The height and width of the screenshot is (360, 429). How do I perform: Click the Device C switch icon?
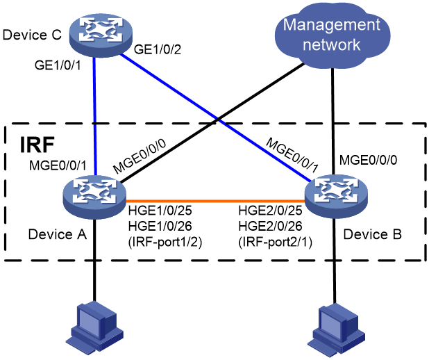coord(101,35)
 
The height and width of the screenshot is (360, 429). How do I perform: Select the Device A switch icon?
coord(94,197)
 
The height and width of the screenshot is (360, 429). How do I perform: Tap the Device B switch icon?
coord(337,195)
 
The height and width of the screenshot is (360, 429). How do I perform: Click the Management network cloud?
coord(332,35)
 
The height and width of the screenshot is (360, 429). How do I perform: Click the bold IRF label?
coord(37,145)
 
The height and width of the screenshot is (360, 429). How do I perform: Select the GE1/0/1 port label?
coord(58,65)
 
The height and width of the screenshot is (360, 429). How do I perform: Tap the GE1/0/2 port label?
coord(158,49)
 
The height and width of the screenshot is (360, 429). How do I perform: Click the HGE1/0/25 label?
coord(160,211)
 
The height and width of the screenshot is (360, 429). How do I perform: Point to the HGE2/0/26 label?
coord(270,227)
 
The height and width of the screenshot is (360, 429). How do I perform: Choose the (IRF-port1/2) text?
coord(165,242)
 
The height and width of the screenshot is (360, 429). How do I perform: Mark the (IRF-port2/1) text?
coord(275,242)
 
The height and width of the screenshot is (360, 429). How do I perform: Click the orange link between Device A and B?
coord(216,200)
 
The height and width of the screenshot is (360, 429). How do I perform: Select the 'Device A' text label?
coord(58,234)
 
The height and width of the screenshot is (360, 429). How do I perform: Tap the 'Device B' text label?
coord(372,234)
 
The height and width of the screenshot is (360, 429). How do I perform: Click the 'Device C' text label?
coord(32,35)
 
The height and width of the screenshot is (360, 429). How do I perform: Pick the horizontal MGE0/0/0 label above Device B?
coord(368,160)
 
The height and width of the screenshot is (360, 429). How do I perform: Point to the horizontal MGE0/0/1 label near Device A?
coord(58,165)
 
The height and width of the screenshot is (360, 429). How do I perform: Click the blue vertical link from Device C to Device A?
coord(94,115)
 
